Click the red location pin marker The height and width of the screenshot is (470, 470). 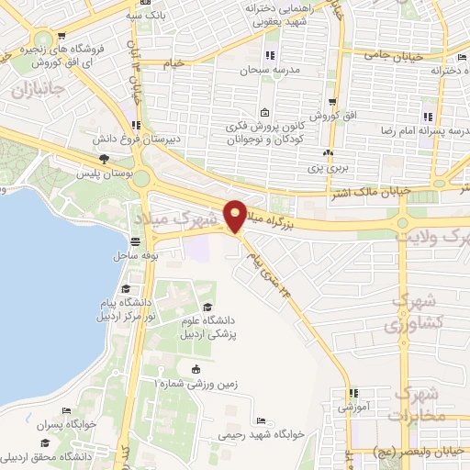tap(236, 215)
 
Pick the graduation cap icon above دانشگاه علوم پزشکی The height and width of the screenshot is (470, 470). tap(207, 307)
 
